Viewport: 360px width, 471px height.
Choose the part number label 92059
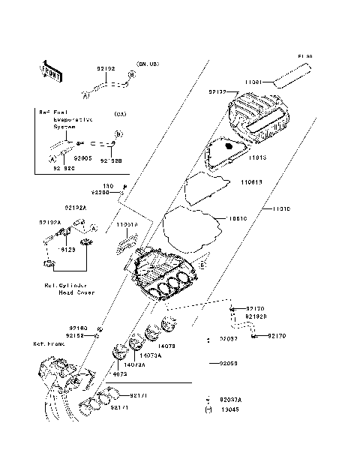[229, 362]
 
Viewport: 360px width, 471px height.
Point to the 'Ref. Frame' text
[47, 344]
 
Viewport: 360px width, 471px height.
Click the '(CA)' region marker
[119, 114]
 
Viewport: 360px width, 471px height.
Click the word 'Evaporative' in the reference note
[73, 119]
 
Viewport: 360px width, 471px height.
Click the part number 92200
[100, 193]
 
